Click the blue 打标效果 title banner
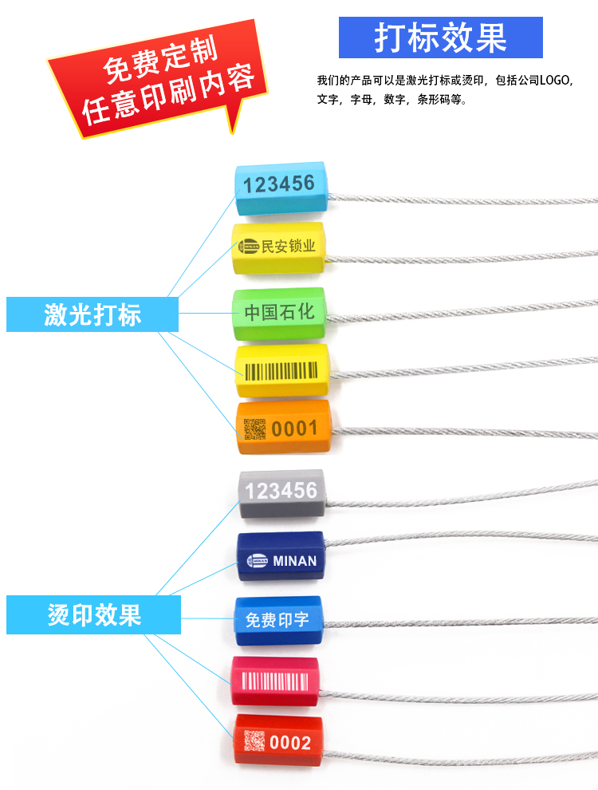pyautogui.click(x=440, y=38)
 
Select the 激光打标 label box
pyautogui.click(x=92, y=314)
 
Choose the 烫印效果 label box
pyautogui.click(x=92, y=614)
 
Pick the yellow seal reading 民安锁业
pyautogui.click(x=280, y=247)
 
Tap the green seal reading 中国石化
pyautogui.click(x=279, y=312)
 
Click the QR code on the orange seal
pyautogui.click(x=254, y=429)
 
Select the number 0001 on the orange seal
pyautogui.click(x=294, y=429)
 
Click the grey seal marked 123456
pyautogui.click(x=281, y=491)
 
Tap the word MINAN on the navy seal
pyautogui.click(x=295, y=561)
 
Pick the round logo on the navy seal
pyautogui.click(x=258, y=560)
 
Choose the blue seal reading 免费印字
pyautogui.click(x=277, y=620)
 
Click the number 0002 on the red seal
pyautogui.click(x=290, y=743)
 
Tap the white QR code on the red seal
pyautogui.click(x=254, y=742)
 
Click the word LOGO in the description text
pyautogui.click(x=557, y=81)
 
